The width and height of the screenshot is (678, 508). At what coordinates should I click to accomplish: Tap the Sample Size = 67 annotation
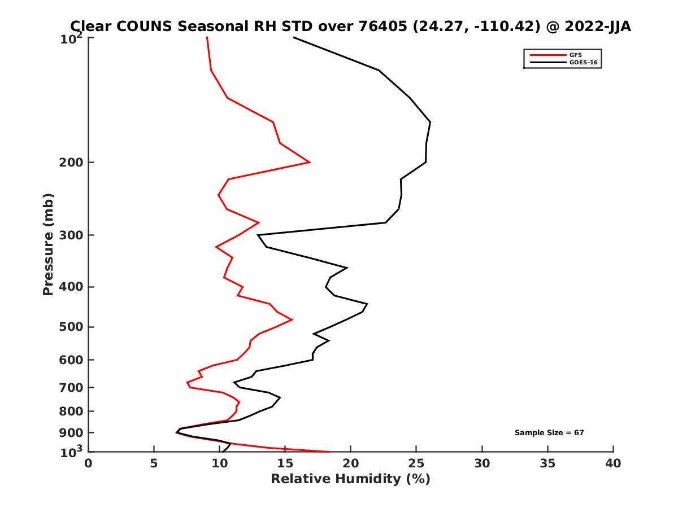point(549,433)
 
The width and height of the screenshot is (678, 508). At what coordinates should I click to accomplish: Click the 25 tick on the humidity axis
point(416,463)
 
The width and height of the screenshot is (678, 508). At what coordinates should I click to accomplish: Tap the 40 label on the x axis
point(613,463)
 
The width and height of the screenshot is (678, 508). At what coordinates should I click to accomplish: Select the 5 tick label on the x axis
point(154,463)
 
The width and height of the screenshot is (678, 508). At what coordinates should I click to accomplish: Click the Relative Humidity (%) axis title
point(350,479)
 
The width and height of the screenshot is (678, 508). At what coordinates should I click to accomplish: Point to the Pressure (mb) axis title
point(48,244)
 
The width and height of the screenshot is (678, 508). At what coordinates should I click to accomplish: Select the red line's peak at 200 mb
point(310,163)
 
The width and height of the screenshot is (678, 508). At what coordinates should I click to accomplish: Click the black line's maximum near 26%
point(431,122)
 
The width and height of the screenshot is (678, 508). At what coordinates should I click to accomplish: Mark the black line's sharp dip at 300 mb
point(258,235)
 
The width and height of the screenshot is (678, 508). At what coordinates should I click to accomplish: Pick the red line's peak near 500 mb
point(292,319)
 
